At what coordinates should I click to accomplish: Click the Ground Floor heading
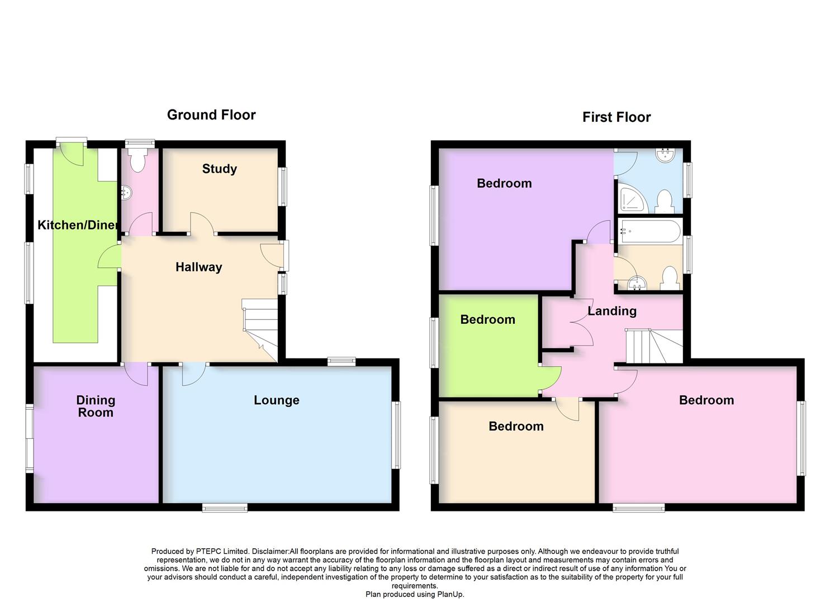click(211, 115)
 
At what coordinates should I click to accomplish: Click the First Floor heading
click(616, 117)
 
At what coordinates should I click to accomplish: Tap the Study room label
click(219, 169)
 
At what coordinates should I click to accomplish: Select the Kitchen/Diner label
click(78, 225)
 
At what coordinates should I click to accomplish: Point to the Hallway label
click(198, 267)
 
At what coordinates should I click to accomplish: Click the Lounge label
click(276, 400)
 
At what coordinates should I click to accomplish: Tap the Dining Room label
click(96, 406)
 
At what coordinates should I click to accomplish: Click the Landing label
click(611, 311)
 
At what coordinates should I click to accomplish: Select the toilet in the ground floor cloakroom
click(137, 161)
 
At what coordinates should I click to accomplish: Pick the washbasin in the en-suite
click(667, 154)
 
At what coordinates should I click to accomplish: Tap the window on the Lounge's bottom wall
click(225, 507)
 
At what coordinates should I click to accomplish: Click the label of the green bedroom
click(487, 319)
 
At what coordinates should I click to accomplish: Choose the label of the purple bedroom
click(504, 183)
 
